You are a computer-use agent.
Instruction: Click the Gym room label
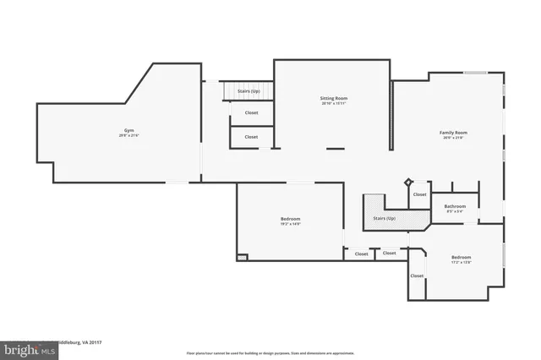[129, 131]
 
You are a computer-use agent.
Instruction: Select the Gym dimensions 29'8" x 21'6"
[129, 136]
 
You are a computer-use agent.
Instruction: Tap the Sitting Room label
[334, 98]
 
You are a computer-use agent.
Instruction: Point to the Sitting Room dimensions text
[334, 103]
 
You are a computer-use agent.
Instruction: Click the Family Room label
[453, 133]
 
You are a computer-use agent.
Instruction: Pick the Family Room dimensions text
[453, 138]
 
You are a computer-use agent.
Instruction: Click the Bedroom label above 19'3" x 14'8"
[290, 219]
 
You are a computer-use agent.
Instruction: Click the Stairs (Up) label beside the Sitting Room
[249, 90]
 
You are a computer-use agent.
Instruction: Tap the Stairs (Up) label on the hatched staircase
[385, 218]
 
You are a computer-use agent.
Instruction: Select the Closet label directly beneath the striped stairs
[251, 112]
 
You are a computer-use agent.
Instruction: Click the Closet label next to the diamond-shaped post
[420, 194]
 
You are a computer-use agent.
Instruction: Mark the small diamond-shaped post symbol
[409, 181]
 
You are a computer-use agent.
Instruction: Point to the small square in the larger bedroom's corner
[242, 258]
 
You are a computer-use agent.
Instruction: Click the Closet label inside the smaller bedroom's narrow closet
[417, 275]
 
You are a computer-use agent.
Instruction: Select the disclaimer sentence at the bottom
[270, 352]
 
